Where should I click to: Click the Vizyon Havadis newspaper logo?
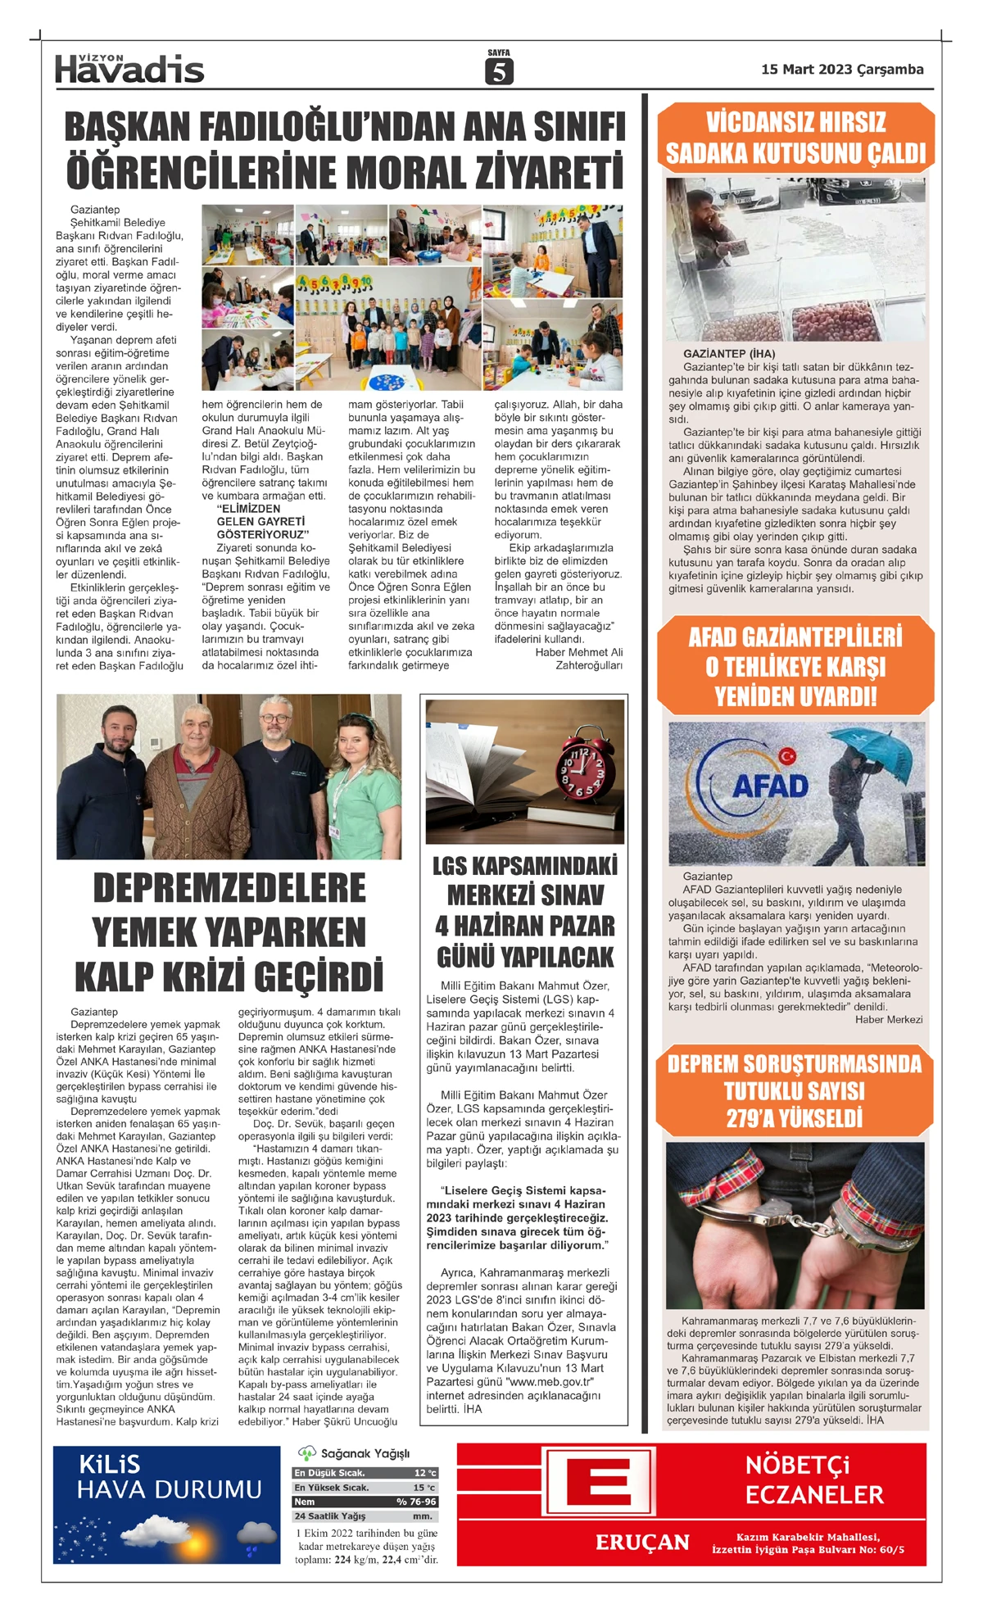tap(129, 70)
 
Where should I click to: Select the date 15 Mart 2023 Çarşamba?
tap(841, 70)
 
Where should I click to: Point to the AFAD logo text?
tap(769, 786)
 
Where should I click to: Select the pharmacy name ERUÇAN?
tap(642, 1543)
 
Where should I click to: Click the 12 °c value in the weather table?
tap(425, 1473)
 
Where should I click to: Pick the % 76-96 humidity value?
tap(416, 1502)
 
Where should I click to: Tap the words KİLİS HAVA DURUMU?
tap(169, 1477)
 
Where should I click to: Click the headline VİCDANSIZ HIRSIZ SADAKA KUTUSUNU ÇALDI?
tap(795, 138)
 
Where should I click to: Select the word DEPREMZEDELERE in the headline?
tap(229, 889)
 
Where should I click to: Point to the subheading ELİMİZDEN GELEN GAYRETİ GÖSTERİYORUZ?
tap(262, 522)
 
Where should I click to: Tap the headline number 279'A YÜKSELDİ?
tap(794, 1119)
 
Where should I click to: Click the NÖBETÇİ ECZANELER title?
tap(813, 1479)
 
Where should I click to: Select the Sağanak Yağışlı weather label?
tap(365, 1452)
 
